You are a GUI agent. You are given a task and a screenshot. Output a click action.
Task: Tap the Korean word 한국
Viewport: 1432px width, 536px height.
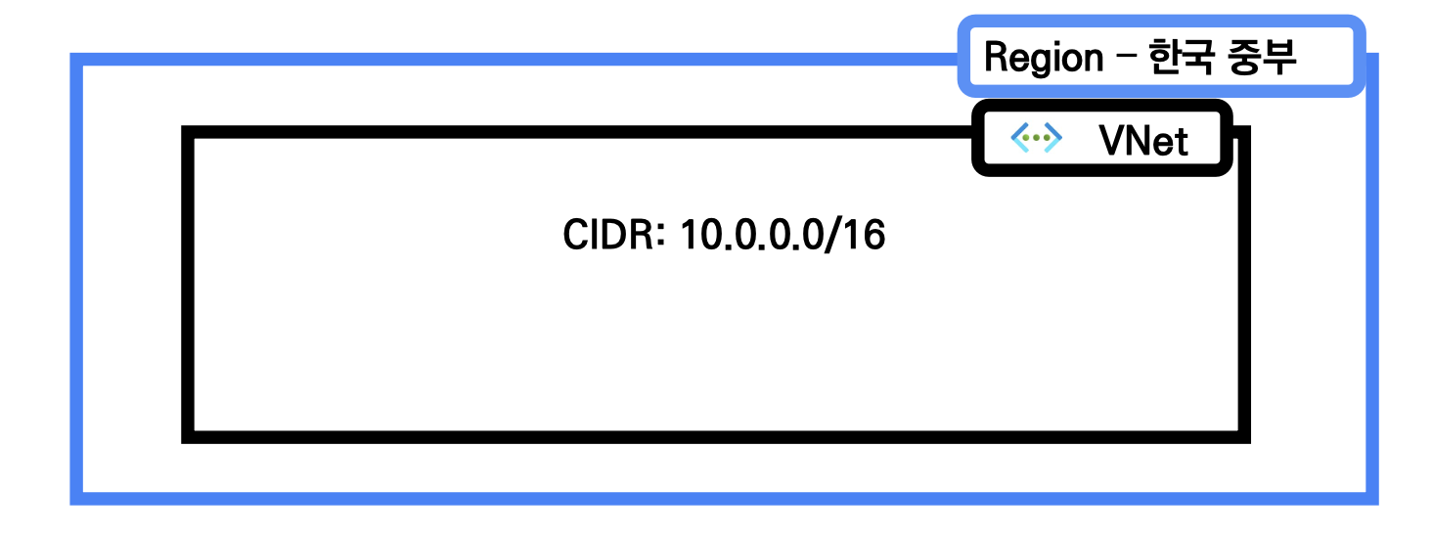1175,59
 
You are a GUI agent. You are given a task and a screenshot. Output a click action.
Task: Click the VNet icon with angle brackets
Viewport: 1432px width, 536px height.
1036,140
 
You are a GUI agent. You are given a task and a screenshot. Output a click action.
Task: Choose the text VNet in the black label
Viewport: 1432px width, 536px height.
1143,141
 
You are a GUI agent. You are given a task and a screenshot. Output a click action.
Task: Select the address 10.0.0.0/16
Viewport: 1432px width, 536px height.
783,236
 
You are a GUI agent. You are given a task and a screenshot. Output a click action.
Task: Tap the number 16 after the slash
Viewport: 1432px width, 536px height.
865,236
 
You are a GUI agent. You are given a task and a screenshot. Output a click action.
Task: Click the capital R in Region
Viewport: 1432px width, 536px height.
996,59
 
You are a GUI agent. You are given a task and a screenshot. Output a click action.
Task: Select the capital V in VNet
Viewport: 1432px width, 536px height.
1110,141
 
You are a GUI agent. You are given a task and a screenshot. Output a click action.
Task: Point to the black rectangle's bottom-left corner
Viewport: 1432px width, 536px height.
188,437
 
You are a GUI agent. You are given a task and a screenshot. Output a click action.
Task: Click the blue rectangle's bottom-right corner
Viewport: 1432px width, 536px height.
1372,499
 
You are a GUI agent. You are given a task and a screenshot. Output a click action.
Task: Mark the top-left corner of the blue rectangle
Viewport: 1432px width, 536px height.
76,60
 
